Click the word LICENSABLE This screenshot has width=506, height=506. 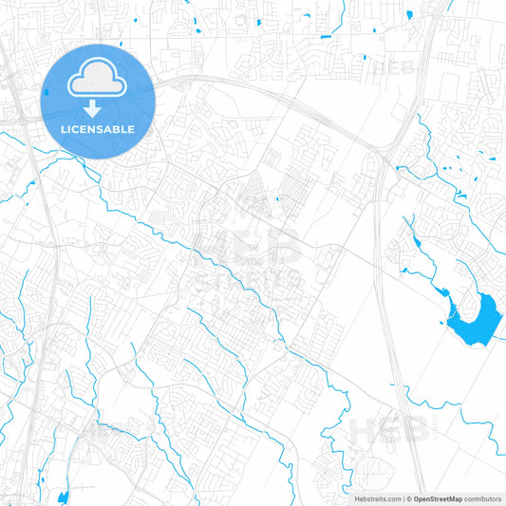point(99,129)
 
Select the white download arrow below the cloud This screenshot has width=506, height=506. point(93,107)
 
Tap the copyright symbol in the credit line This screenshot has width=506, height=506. point(408,498)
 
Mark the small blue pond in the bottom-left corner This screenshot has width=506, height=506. point(63,497)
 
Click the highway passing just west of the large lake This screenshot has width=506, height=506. point(388,313)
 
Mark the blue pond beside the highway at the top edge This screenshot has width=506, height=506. point(409,14)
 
